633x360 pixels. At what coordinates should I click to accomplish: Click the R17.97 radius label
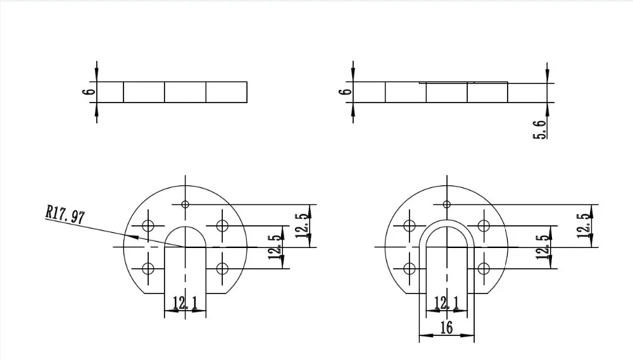click(65, 214)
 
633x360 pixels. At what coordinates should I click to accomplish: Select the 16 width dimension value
click(446, 328)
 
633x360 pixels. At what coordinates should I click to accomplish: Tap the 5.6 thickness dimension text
click(540, 130)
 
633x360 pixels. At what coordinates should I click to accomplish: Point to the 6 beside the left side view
click(89, 92)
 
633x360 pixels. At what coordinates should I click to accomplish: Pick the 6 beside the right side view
click(346, 92)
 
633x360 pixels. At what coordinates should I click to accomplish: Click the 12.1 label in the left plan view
click(185, 303)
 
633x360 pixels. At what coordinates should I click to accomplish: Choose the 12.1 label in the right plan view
click(446, 303)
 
